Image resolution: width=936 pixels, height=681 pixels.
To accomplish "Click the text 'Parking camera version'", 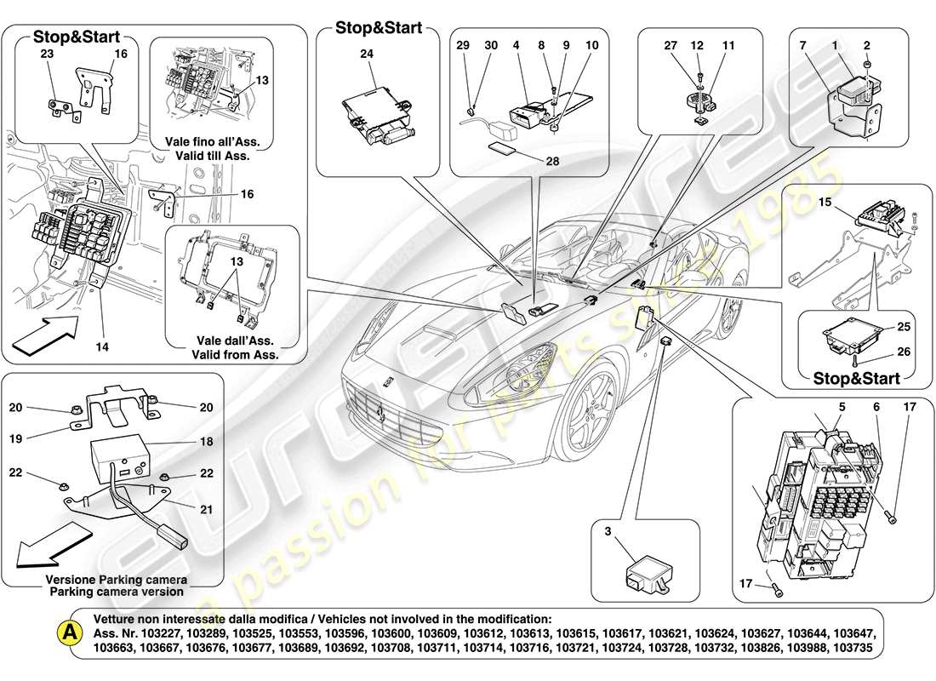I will [116, 592].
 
